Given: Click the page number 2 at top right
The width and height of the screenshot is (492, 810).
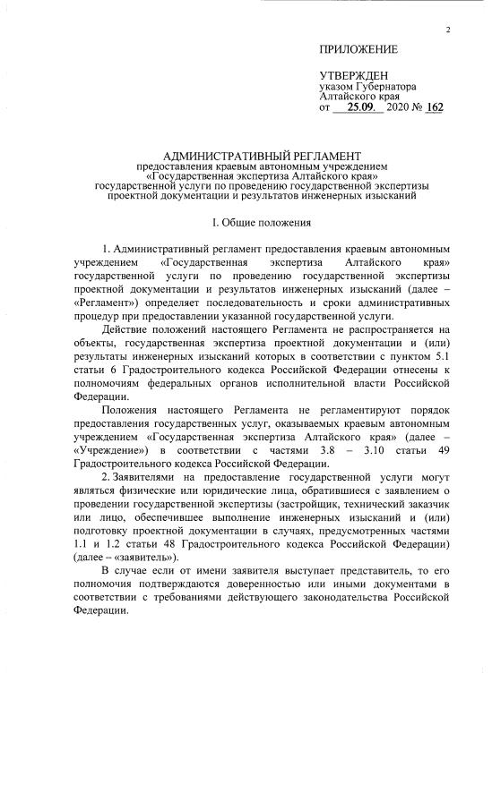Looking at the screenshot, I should point(447,31).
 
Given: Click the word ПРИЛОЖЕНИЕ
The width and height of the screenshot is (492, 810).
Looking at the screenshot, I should point(358,48).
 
